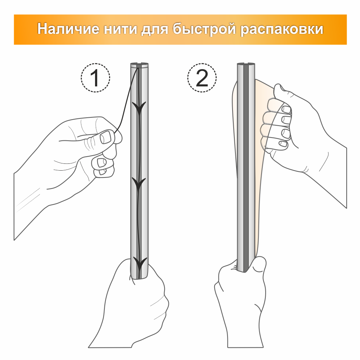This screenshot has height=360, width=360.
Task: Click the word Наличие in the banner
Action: point(68,29)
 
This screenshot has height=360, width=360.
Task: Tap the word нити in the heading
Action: point(120,30)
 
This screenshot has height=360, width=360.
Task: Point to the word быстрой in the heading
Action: point(204,30)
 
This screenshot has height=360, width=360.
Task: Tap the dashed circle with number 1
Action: point(95,78)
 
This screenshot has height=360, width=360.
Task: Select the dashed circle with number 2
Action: point(202,78)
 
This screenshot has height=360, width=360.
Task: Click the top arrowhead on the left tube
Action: point(139,107)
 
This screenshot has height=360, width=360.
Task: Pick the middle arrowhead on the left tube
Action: point(139,184)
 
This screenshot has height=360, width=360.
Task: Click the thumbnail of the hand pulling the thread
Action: point(106,137)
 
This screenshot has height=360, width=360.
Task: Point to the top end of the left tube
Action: point(139,64)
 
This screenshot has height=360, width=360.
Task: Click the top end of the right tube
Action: point(246,64)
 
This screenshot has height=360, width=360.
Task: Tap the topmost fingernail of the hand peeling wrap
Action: point(286,109)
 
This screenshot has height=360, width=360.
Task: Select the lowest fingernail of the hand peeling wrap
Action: point(283,144)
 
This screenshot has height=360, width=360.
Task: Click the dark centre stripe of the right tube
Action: point(246,168)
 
